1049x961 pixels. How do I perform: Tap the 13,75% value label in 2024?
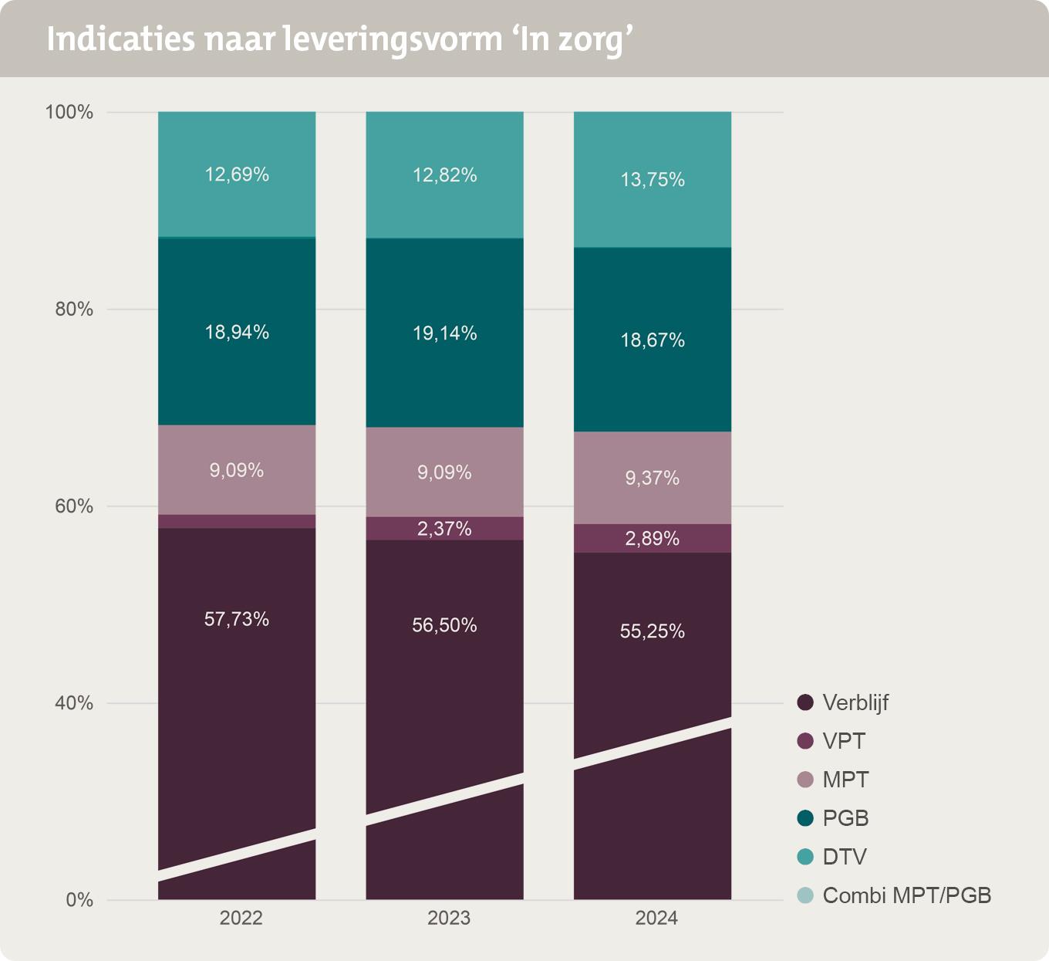pos(653,180)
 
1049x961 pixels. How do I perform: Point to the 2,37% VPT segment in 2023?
pos(444,529)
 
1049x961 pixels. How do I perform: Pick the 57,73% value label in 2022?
pos(237,619)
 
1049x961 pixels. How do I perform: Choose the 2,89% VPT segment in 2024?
pos(653,539)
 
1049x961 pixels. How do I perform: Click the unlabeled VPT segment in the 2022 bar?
pos(237,522)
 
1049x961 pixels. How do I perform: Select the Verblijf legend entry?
pos(855,702)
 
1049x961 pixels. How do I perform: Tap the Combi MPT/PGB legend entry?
pos(906,895)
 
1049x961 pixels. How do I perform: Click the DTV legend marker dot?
pos(805,857)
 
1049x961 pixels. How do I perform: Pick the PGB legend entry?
pos(845,818)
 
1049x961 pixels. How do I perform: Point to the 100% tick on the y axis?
pos(69,113)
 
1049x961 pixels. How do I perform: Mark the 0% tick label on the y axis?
pos(79,900)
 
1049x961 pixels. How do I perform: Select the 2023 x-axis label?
pos(449,918)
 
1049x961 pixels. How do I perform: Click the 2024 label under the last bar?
pos(656,918)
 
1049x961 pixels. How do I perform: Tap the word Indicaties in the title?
pos(120,39)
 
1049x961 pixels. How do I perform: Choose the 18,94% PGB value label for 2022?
pos(237,333)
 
